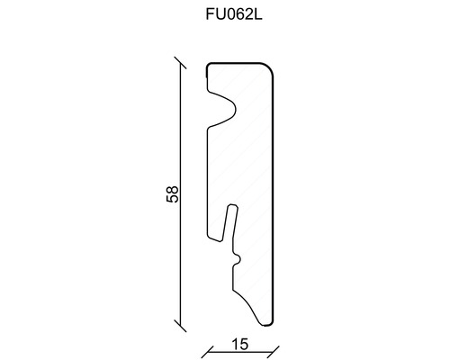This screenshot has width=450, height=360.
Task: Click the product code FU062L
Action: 224,14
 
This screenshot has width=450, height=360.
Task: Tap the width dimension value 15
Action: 239,342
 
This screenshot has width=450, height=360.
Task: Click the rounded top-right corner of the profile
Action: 269,69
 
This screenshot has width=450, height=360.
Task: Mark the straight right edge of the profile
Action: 274,198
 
